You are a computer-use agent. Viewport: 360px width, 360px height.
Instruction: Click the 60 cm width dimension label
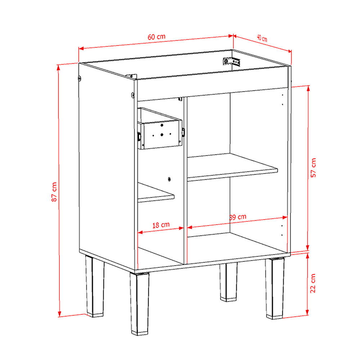156,37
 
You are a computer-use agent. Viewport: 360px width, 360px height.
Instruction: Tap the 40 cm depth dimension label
262,38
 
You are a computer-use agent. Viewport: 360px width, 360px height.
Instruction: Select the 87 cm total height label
54,192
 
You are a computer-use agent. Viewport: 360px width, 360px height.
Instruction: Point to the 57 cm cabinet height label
313,168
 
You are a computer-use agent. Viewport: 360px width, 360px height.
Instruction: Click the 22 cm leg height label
313,283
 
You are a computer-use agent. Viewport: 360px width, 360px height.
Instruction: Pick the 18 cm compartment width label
161,225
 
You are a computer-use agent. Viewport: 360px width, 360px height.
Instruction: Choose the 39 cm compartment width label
238,217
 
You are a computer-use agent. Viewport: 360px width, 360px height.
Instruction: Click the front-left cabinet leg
139,303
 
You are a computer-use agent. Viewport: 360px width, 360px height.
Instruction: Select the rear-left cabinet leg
94,286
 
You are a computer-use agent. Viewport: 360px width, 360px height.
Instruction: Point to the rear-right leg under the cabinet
228,282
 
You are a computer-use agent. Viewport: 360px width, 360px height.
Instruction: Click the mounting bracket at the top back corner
231,62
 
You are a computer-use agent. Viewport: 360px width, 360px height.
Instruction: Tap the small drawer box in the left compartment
160,129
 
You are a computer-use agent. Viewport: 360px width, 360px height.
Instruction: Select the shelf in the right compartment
232,167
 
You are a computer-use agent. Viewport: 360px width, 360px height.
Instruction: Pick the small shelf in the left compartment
156,193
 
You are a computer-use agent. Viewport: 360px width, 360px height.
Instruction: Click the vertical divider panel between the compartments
185,180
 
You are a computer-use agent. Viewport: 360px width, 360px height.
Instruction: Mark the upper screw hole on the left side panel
80,78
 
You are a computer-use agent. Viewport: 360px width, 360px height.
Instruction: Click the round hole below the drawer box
169,179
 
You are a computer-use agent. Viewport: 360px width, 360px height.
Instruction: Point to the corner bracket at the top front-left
131,76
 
